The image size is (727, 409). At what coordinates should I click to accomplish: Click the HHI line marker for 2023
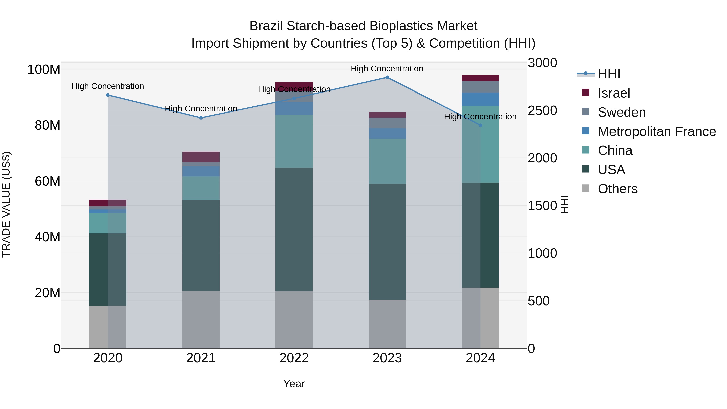point(387,77)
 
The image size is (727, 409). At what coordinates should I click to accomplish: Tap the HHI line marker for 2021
point(201,118)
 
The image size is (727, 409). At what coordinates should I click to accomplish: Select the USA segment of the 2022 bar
point(294,229)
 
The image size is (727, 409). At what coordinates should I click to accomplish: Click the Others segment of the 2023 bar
point(387,324)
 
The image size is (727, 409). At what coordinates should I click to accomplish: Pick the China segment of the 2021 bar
point(201,188)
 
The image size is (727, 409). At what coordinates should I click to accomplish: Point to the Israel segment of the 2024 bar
point(480,78)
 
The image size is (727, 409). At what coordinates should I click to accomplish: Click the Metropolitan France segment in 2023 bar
point(387,134)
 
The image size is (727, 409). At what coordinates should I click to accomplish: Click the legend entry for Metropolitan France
point(657,131)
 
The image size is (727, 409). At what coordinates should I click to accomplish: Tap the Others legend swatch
point(586,188)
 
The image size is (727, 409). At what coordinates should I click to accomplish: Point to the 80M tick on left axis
point(47,125)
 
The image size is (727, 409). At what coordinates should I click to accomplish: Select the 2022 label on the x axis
point(294,358)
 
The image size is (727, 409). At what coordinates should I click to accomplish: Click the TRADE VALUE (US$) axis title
point(6,204)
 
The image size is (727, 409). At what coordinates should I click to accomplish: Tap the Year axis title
point(294,384)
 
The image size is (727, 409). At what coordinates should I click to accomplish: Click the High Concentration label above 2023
point(387,69)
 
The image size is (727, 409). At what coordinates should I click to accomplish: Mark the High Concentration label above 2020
point(108,86)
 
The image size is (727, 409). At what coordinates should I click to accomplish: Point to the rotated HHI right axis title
point(564,204)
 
